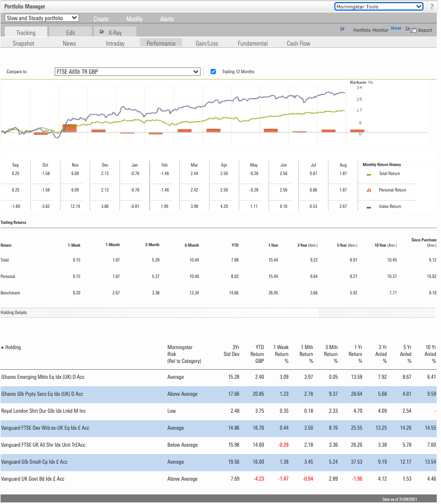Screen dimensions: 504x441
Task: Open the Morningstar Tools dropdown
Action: (x=379, y=6)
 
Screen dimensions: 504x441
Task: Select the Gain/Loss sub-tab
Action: (x=206, y=43)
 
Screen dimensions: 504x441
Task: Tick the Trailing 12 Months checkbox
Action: (x=213, y=72)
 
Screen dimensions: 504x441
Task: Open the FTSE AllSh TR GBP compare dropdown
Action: (x=127, y=72)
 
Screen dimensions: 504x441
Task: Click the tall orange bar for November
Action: (x=70, y=128)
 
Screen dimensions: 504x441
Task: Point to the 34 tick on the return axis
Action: (x=359, y=88)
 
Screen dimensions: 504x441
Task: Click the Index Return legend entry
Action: (x=390, y=206)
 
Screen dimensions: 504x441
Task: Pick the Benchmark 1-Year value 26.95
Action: (x=272, y=293)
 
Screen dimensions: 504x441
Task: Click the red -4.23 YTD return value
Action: (x=257, y=479)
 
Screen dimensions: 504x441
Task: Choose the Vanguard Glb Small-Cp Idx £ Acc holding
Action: (x=37, y=462)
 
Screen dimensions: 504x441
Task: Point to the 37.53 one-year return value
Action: (x=356, y=462)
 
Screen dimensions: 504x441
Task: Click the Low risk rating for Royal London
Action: (x=172, y=411)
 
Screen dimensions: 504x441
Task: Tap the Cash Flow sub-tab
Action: (x=298, y=43)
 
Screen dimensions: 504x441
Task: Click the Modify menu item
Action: (x=134, y=19)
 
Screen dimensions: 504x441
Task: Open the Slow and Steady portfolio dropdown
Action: (x=41, y=18)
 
